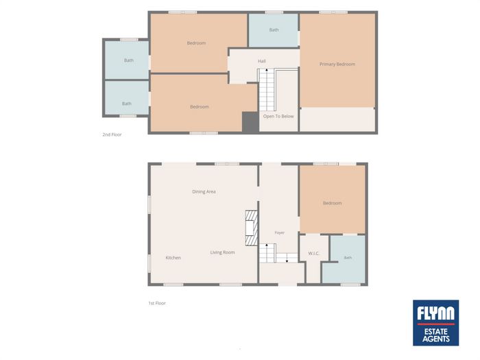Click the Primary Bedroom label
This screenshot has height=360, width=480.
coord(337,64)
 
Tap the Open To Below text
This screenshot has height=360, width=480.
coord(278,117)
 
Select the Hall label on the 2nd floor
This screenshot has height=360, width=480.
coord(262,61)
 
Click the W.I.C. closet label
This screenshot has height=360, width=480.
coord(314,254)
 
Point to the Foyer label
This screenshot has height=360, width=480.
coord(280,233)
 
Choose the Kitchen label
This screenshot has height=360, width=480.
coord(173,258)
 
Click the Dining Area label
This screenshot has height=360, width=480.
coord(204,191)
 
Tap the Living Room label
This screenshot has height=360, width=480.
coord(223,252)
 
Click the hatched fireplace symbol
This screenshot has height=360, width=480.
coord(252,228)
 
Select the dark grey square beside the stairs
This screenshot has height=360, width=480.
coord(250,122)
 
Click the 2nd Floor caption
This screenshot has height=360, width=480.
coord(112,134)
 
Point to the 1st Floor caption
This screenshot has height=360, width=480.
coord(157,303)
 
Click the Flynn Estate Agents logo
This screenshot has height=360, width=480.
coord(435,323)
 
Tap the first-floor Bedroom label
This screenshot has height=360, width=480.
coord(333,203)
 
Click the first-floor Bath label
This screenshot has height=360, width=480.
coord(348,258)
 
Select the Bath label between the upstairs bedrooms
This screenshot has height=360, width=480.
coord(274,29)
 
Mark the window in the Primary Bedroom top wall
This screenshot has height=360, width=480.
coord(333,12)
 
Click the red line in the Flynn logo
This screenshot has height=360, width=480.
coord(436,324)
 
